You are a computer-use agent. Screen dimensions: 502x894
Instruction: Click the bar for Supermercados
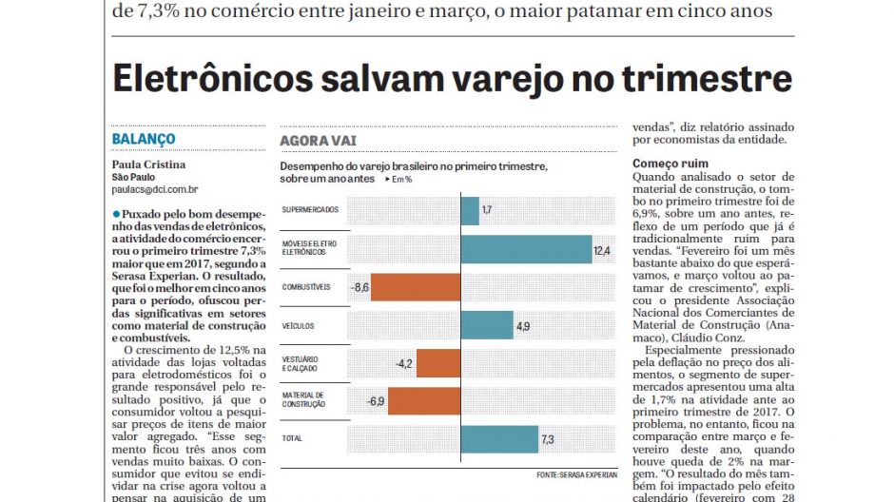[470, 210]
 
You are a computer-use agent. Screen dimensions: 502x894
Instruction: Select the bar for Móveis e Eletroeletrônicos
[526, 248]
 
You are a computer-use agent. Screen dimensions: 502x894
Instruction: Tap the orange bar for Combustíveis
[415, 286]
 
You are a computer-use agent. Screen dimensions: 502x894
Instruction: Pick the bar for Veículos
[487, 324]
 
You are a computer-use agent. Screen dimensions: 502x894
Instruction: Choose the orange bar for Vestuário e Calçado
[438, 363]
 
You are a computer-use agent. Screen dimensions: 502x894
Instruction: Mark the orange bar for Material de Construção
[424, 401]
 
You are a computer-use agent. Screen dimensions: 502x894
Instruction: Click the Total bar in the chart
[498, 439]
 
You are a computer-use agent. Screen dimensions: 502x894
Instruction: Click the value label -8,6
[360, 286]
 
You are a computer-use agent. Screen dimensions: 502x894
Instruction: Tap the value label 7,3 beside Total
[548, 439]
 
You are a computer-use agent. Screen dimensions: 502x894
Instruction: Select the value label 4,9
[523, 325]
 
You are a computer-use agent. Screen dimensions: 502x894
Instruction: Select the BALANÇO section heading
[144, 139]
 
